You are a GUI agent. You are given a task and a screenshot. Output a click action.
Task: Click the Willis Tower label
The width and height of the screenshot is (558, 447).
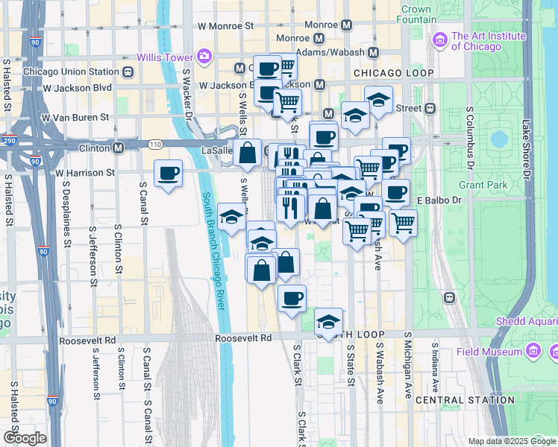[163, 57]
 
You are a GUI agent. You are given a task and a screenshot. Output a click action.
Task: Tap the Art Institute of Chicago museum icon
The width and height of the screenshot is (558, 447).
[439, 39]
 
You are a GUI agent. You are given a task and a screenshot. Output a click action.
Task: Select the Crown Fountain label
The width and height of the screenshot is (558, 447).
[416, 16]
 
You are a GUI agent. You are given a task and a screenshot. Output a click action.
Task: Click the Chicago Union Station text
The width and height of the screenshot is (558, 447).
[72, 72]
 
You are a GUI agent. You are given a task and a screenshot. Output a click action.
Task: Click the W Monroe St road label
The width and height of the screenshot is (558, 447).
[226, 25]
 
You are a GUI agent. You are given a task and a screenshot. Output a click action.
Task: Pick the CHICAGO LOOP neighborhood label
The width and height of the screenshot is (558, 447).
[388, 73]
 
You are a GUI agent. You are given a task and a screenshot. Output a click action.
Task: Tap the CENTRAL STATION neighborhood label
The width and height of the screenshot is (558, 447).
[465, 400]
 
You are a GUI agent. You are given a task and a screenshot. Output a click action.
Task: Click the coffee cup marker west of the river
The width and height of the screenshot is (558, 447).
[168, 174]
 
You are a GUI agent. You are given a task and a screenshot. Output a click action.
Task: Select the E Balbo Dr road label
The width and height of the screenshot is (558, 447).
[435, 200]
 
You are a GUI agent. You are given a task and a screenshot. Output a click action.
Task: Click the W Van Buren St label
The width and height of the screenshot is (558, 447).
[75, 118]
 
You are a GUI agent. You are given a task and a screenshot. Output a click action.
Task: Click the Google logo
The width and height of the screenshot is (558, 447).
[24, 438]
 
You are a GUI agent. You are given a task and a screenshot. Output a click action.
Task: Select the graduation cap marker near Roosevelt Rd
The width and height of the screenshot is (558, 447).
[328, 323]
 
